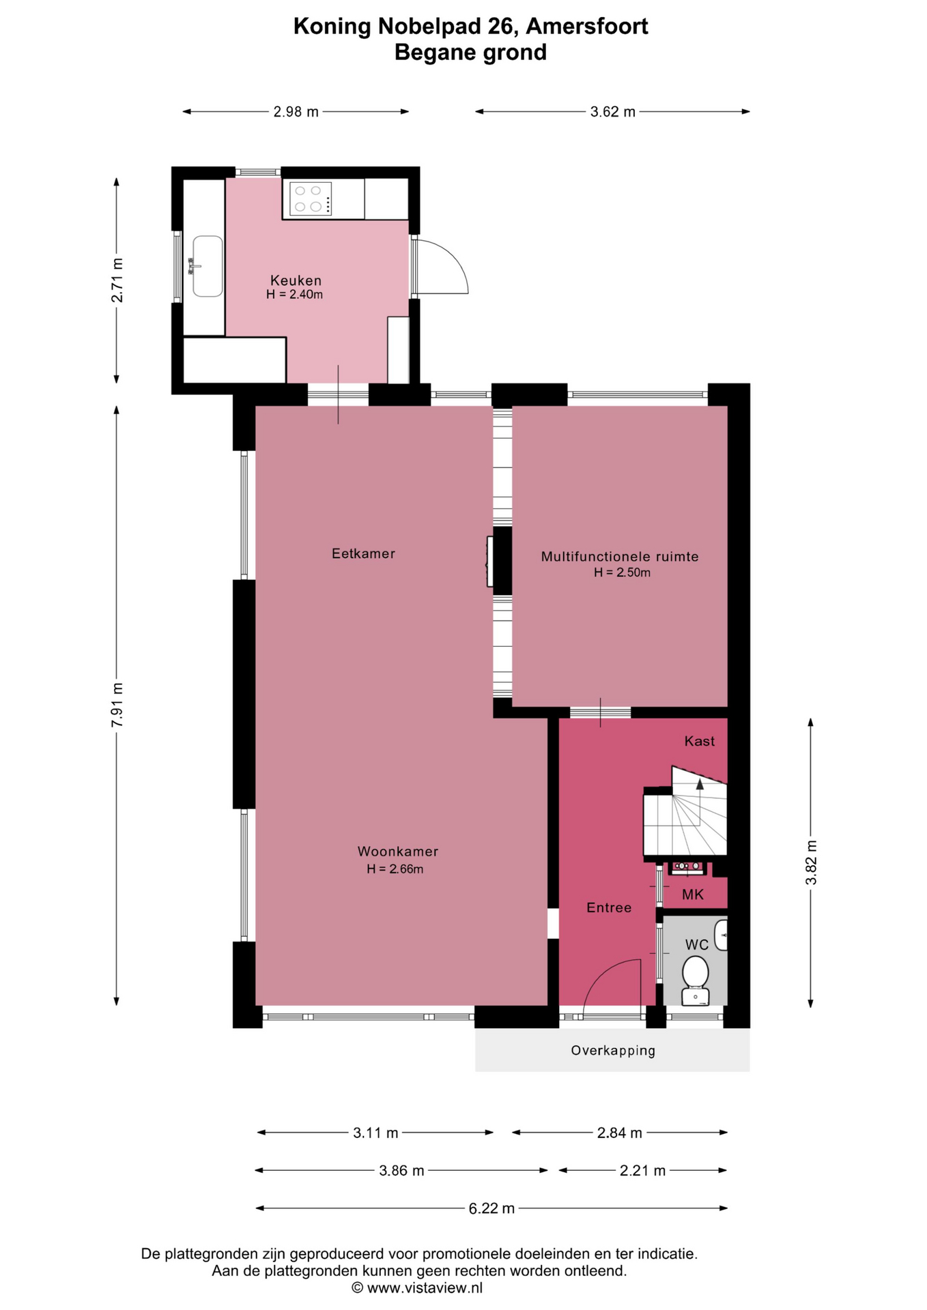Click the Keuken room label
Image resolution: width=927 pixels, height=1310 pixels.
[296, 280]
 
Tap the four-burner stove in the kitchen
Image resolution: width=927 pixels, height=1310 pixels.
[311, 198]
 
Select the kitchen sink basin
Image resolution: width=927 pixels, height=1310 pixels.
[208, 266]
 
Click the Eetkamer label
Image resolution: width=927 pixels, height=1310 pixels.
[363, 553]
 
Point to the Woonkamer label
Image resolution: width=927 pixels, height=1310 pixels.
[398, 851]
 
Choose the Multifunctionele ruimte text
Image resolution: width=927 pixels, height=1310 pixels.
[620, 557]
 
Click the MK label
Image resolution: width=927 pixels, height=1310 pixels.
[693, 894]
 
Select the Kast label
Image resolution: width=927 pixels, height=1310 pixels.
[700, 741]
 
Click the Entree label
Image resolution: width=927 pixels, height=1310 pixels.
[609, 907]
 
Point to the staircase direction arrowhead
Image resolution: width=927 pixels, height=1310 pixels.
[700, 784]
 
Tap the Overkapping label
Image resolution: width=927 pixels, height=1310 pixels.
[613, 1051]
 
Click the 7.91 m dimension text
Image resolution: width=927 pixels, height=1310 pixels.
[117, 704]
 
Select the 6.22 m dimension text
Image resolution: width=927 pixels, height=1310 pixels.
[491, 1208]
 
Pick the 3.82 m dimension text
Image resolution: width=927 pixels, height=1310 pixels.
[811, 862]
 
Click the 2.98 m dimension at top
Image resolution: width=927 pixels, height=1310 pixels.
[296, 112]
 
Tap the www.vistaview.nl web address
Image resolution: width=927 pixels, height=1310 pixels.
[425, 1288]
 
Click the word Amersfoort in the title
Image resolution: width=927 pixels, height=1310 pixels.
[587, 26]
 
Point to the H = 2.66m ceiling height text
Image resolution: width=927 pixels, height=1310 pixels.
[395, 869]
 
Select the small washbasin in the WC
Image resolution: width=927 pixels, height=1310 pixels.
[721, 935]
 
